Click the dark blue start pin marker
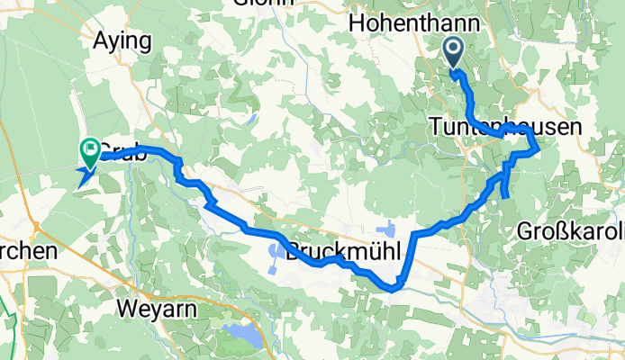[453, 52]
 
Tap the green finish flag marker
[91, 149]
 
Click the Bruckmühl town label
[341, 254]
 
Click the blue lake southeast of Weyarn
[242, 336]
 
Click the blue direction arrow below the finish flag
[86, 176]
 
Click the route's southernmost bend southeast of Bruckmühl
[394, 289]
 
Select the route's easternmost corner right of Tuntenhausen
[538, 148]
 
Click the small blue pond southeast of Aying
[253, 117]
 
